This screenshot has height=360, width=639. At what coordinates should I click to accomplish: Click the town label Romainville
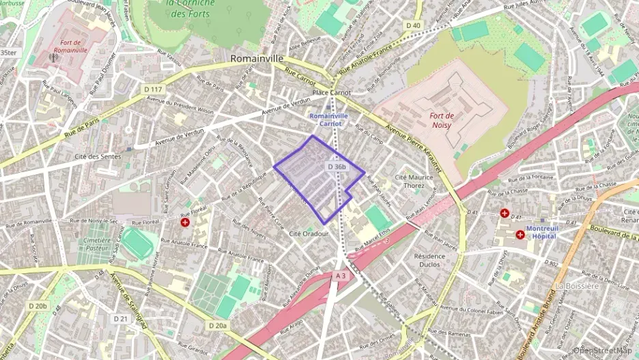pos(257,59)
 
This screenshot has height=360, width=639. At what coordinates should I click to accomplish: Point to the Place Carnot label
pos(331,92)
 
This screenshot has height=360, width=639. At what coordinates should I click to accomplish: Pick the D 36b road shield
pos(337,167)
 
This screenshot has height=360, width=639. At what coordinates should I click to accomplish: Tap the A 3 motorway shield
pos(341,275)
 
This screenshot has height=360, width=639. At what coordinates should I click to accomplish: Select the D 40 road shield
pos(413,25)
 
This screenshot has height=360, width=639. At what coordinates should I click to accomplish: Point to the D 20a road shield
pos(217,325)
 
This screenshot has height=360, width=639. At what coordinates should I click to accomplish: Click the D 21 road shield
pos(121,318)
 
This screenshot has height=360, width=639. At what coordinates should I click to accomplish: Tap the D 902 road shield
pos(552,262)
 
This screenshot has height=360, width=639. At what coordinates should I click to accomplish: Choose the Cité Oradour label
pos(309,234)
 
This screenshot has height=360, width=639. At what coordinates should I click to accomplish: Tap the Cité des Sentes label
pos(98,156)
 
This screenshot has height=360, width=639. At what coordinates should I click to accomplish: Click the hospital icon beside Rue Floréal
pos(185,222)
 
